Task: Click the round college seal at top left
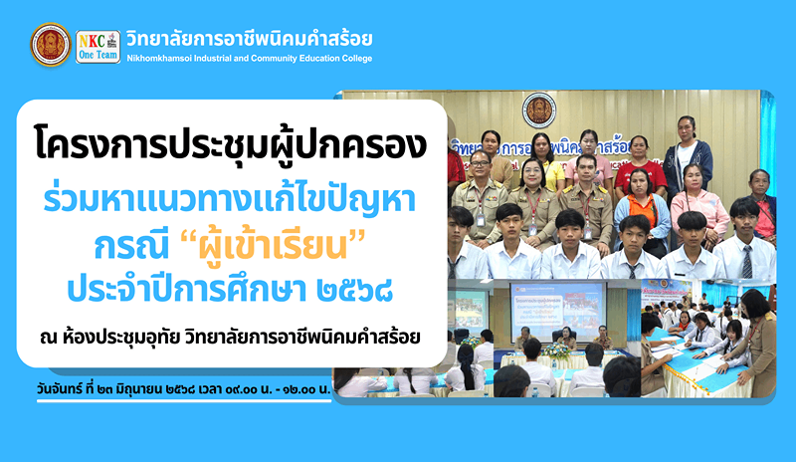(x=51, y=45)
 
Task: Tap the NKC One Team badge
(x=98, y=47)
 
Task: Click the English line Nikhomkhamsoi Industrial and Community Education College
(x=250, y=59)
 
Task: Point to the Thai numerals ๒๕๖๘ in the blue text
(x=354, y=290)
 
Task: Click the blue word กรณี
(x=131, y=246)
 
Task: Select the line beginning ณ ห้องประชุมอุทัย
(x=230, y=337)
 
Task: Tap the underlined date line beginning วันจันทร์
(x=183, y=390)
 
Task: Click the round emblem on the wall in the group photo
(x=539, y=110)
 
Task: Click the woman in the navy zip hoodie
(x=687, y=157)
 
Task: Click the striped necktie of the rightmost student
(x=747, y=262)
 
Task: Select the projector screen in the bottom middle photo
(x=557, y=310)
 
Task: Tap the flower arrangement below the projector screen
(x=556, y=350)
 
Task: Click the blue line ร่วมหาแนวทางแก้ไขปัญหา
(x=230, y=201)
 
